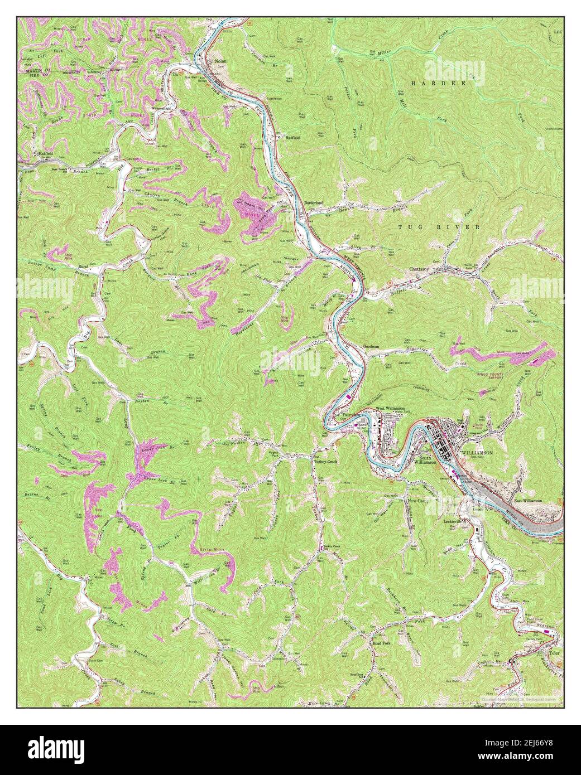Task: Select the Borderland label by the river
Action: tap(314, 202)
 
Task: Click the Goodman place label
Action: tap(372, 346)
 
